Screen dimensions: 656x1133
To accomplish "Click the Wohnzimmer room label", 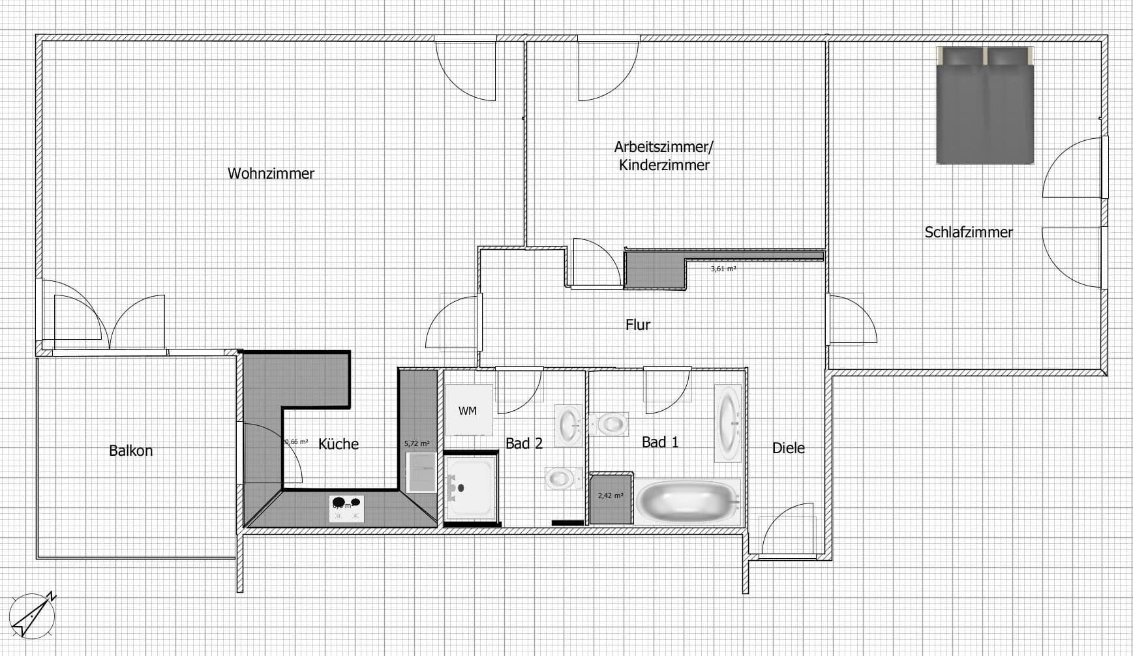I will (271, 173).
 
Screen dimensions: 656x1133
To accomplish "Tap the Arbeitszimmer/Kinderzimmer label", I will (664, 156).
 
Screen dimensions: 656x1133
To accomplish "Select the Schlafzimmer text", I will (968, 232).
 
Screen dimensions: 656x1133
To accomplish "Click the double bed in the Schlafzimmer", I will (985, 106).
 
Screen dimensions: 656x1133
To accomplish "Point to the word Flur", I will (637, 325).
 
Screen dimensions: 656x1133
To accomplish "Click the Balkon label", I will (130, 451).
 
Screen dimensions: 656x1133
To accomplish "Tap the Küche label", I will (338, 444).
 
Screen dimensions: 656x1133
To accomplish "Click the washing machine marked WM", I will (468, 411).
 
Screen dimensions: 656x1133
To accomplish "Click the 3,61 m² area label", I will (723, 269).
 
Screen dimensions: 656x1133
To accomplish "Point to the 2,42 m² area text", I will (611, 496).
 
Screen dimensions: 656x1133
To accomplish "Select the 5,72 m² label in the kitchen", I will (417, 443).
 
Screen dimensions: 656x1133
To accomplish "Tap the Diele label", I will (788, 448).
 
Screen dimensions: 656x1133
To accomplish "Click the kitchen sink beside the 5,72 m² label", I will (421, 472).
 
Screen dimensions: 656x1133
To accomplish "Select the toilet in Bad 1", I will (609, 424).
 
